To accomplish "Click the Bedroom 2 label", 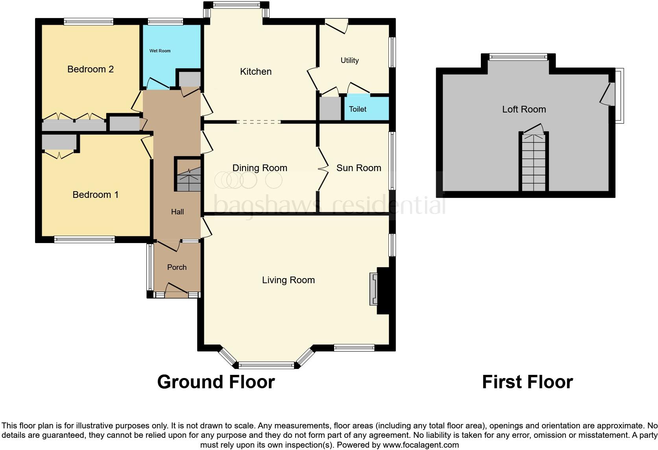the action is [x=91, y=69].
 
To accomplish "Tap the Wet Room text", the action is [x=160, y=51].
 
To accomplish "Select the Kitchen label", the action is [x=255, y=72].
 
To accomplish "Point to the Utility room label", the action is [x=349, y=61].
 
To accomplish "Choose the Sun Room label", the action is [x=359, y=168].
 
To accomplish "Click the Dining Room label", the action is [x=260, y=168].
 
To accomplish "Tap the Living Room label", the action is [x=288, y=280].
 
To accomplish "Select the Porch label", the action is [x=177, y=267].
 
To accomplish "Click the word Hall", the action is [x=177, y=212].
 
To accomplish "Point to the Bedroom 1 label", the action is [x=96, y=195].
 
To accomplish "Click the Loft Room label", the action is [x=524, y=109].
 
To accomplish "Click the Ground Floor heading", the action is [x=216, y=382].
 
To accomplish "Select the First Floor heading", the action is [x=528, y=382].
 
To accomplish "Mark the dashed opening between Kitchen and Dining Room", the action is [x=259, y=122].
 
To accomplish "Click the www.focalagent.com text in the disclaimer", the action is [x=421, y=445].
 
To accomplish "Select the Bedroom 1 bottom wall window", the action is [x=84, y=240].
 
